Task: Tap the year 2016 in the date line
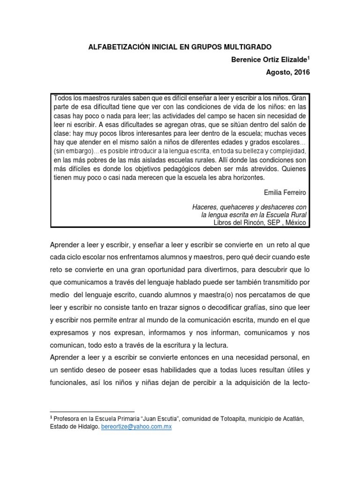click(301, 73)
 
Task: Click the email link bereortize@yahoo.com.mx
click(136, 427)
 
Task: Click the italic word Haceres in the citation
click(204, 207)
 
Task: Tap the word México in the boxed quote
click(296, 223)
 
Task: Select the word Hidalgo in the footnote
click(88, 427)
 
